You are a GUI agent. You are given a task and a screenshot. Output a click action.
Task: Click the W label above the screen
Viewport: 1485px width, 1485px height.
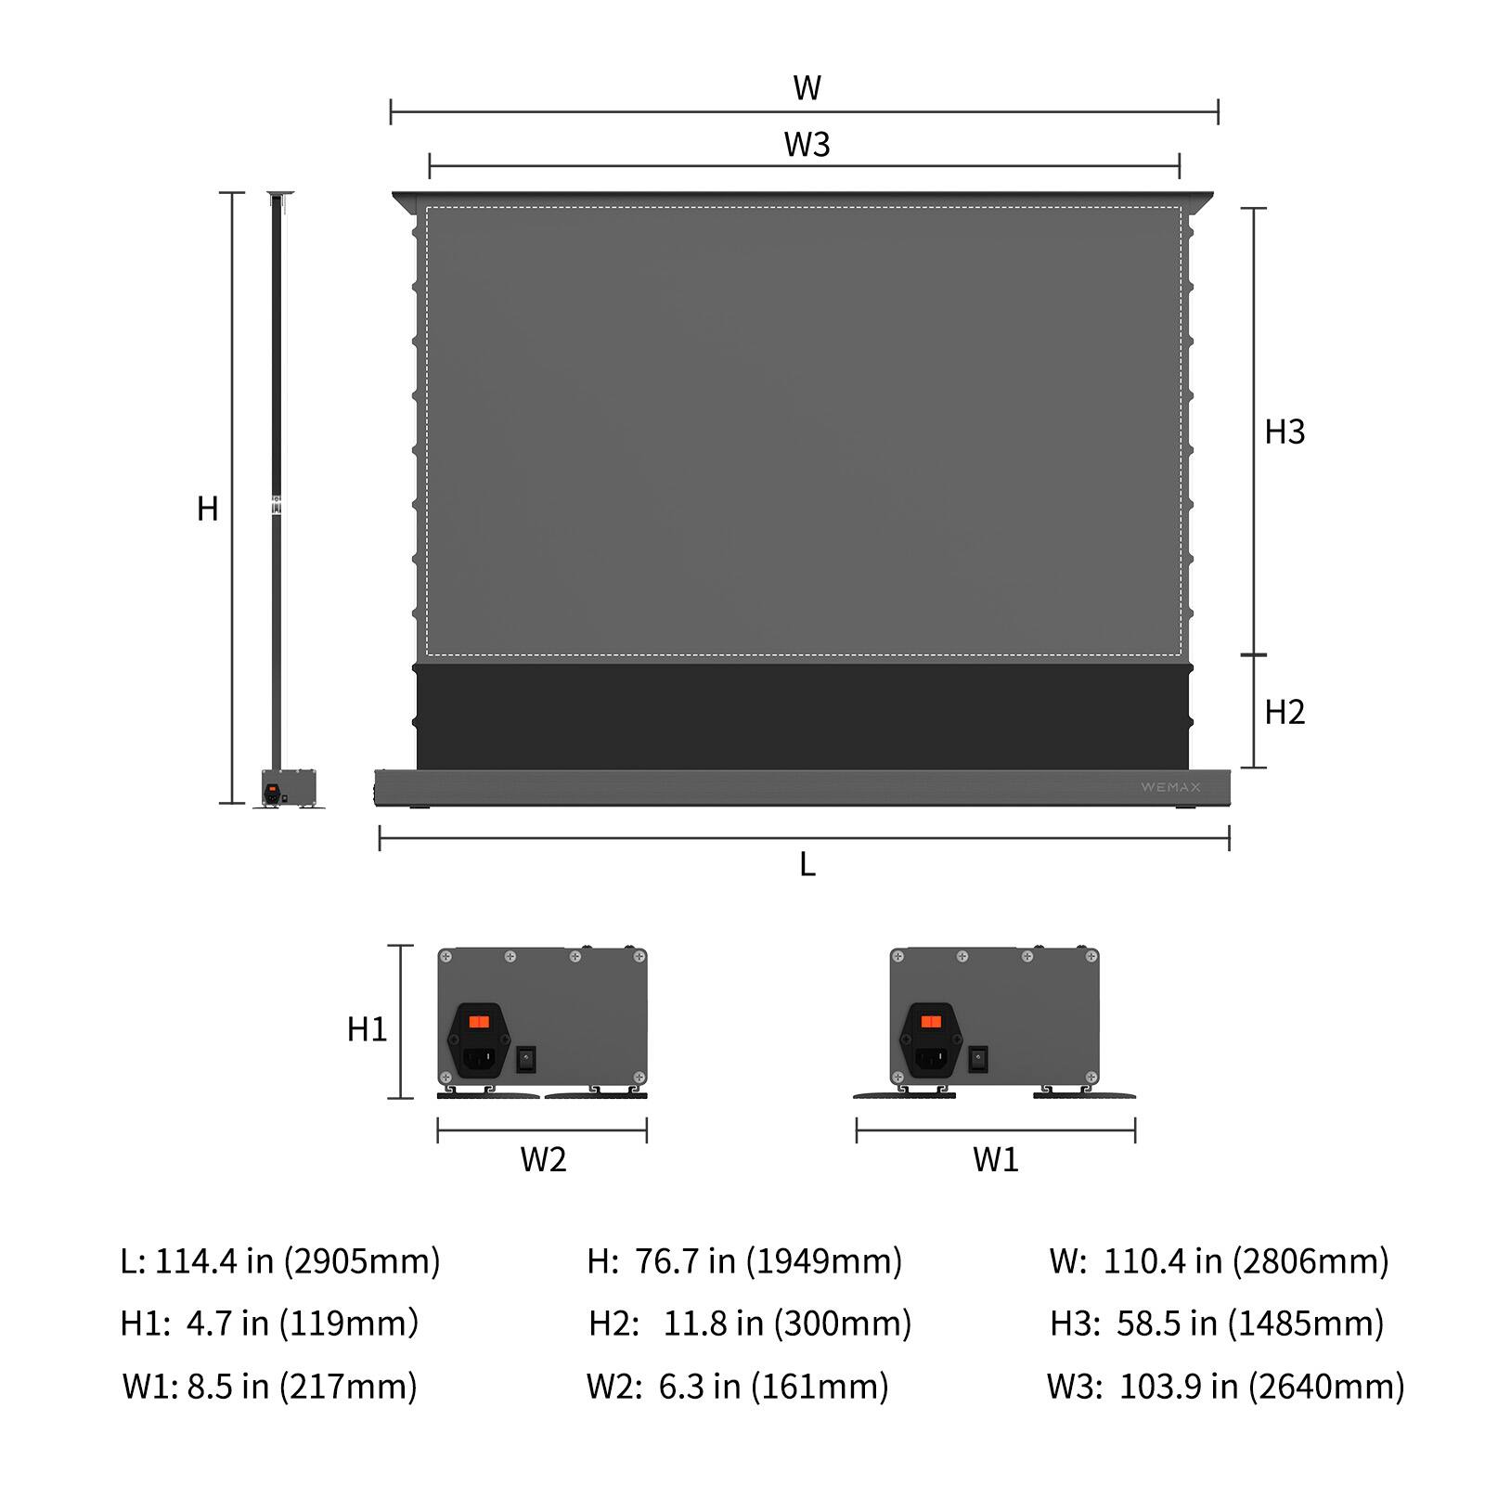pos(806,88)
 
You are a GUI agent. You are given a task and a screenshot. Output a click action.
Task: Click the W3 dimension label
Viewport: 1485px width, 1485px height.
pos(806,145)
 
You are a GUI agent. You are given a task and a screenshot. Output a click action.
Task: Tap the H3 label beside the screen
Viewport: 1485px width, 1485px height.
pos(1285,432)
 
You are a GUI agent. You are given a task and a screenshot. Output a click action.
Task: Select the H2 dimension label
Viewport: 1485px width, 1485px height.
pos(1285,712)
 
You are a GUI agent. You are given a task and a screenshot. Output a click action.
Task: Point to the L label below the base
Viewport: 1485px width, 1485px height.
pos(807,865)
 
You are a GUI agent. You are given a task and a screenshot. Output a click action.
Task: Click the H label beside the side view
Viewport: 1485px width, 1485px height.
pos(208,509)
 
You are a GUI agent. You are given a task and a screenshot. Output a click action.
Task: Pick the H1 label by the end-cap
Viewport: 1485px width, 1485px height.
pos(367,1029)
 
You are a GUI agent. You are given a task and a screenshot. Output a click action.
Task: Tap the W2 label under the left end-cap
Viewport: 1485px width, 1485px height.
pos(543,1159)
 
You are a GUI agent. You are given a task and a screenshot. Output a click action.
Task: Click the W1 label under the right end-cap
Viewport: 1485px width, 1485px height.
pos(995,1159)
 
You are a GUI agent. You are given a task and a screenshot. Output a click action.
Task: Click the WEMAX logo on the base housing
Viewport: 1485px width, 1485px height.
pos(1170,787)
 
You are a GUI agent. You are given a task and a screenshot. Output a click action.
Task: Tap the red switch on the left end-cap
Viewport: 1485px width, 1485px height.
pos(479,1022)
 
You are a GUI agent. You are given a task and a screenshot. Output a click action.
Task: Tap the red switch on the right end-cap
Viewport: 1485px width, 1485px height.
pos(931,1022)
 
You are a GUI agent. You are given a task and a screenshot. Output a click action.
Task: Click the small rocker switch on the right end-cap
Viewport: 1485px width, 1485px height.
pos(977,1059)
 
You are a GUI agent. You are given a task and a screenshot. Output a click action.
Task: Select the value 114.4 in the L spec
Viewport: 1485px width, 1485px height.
pos(196,1261)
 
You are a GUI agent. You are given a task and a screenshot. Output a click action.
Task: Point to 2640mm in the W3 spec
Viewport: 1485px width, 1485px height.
pos(1326,1387)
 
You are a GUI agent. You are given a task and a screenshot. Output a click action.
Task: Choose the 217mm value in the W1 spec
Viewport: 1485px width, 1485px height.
pos(351,1387)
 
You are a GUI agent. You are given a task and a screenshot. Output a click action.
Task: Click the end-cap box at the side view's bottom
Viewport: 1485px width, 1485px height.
pos(289,787)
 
